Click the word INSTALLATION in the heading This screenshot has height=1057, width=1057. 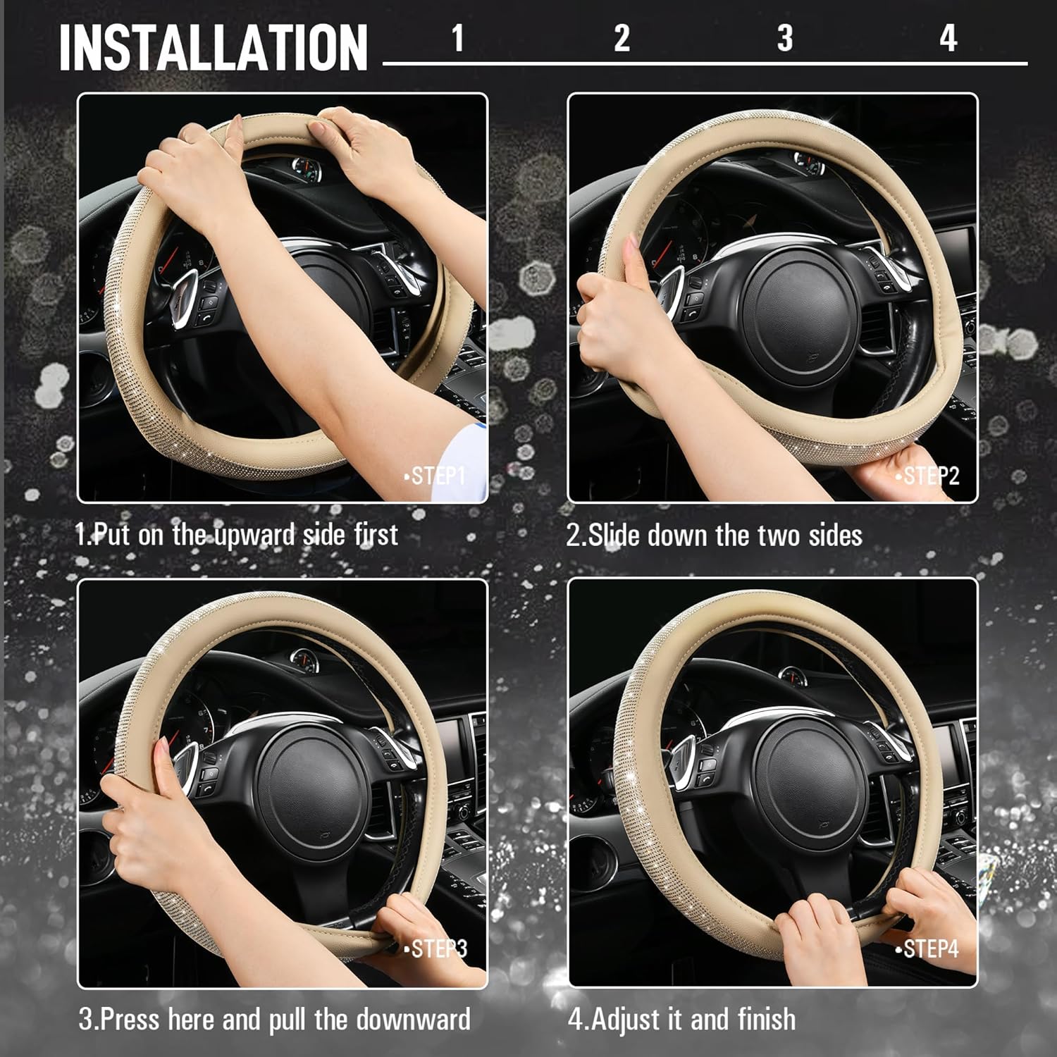pos(213,47)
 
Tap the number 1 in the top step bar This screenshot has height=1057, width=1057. pos(458,37)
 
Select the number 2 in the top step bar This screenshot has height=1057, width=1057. pos(622,37)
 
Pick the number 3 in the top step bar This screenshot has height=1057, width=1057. pos(785,37)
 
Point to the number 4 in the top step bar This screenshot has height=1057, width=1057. pos(948,37)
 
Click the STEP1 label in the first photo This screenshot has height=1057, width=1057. pos(435,476)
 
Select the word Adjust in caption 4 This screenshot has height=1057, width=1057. pos(638,1020)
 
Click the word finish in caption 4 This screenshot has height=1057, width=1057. pos(767,1020)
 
